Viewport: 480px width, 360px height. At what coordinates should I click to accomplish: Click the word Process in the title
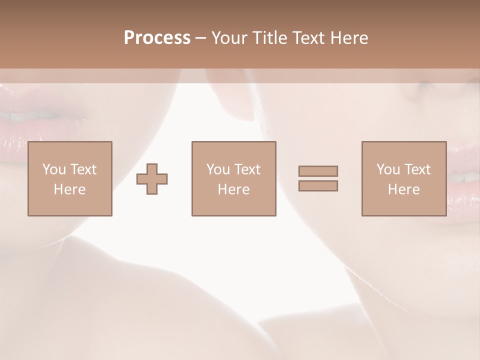(x=157, y=38)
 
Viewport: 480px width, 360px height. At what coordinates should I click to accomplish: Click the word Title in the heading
(x=270, y=38)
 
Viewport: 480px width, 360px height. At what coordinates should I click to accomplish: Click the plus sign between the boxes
(x=152, y=179)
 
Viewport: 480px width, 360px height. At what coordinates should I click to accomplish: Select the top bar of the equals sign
(x=318, y=171)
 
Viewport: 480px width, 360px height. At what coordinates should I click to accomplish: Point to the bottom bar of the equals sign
(x=318, y=185)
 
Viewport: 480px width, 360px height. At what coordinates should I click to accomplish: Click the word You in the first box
(x=54, y=169)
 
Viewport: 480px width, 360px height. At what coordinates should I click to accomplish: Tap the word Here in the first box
(x=69, y=189)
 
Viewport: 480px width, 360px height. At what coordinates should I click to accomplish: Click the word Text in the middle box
(x=247, y=169)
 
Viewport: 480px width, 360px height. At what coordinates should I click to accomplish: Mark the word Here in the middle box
(x=233, y=189)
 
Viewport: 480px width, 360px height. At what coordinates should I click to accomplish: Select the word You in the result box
(x=388, y=169)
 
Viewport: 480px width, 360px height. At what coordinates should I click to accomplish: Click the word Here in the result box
(x=403, y=189)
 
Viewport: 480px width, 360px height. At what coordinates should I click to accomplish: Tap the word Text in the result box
(x=417, y=169)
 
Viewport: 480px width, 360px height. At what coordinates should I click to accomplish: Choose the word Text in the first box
(x=83, y=169)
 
